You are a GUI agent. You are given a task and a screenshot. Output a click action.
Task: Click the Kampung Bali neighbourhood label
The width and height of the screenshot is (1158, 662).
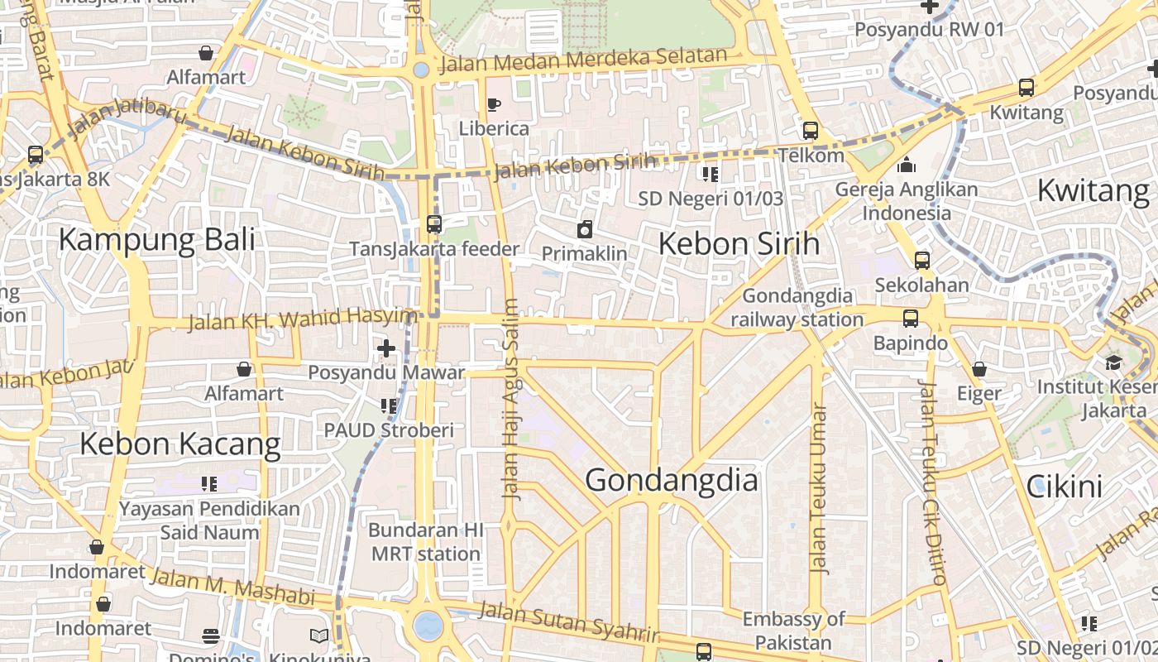point(156,240)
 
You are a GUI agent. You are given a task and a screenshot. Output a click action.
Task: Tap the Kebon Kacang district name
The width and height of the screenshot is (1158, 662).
point(180,444)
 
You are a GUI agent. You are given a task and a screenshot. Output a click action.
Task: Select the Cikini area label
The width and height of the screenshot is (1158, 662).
point(1065,487)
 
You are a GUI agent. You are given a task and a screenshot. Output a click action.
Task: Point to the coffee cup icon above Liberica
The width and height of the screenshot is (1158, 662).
point(494,104)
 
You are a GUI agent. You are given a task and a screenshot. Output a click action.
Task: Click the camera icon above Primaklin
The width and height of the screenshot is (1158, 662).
point(585,229)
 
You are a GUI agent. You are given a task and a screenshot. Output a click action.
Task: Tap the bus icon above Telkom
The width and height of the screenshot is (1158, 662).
point(810,131)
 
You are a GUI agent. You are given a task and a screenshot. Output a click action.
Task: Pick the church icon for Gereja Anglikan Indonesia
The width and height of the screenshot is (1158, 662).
point(906,165)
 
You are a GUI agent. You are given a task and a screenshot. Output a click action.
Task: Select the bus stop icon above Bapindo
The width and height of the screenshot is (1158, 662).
point(910,319)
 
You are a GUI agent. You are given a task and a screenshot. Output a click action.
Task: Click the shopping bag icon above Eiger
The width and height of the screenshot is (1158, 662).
point(979,369)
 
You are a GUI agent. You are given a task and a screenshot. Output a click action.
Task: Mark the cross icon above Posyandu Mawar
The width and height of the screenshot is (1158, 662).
point(385,348)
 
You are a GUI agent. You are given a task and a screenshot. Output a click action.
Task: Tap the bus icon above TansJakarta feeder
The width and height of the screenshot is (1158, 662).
point(434,224)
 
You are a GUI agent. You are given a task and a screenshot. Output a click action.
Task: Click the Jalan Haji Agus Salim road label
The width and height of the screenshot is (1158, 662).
point(511,399)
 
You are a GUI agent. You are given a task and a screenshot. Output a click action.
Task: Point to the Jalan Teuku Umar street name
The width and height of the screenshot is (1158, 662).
point(819,488)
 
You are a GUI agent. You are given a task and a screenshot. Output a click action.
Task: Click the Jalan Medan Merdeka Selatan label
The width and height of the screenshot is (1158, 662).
point(583,60)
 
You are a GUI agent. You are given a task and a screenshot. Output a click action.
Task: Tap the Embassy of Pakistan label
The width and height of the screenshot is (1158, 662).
point(793,631)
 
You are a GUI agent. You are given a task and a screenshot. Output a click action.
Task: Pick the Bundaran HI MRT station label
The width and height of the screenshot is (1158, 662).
point(426,541)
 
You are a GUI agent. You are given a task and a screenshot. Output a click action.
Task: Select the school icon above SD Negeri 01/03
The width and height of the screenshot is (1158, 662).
point(711,174)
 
